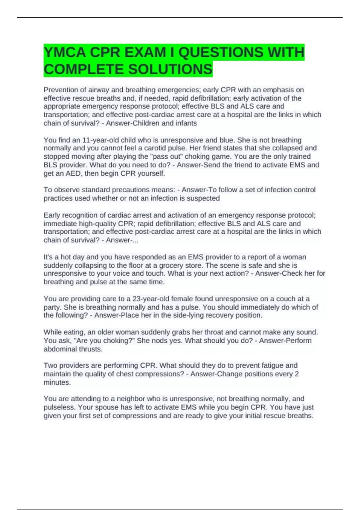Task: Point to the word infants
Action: [x=186, y=123]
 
